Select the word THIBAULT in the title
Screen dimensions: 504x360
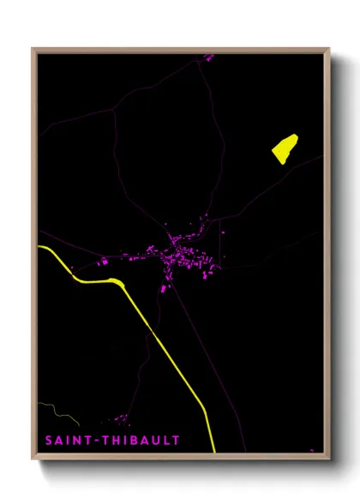pyautogui.click(x=141, y=441)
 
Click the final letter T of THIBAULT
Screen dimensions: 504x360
pyautogui.click(x=177, y=441)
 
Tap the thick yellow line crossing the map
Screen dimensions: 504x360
pyautogui.click(x=171, y=351)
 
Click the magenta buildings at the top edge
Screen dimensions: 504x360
pyautogui.click(x=208, y=57)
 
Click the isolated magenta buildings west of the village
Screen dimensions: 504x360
pyautogui.click(x=104, y=261)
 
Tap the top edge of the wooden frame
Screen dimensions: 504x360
pyautogui.click(x=180, y=50)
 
